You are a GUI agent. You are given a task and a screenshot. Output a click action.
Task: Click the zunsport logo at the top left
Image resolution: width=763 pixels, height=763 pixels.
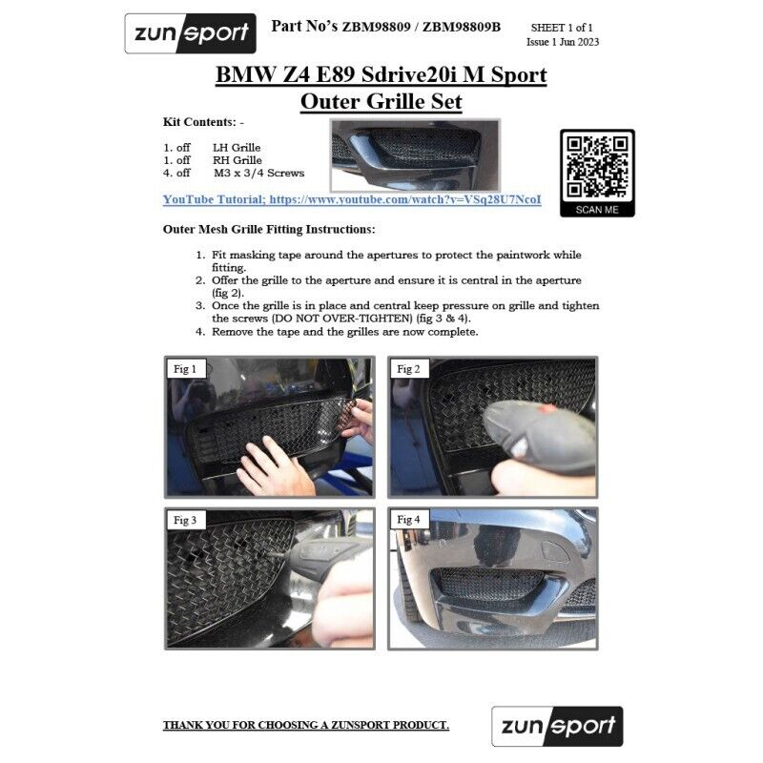coord(190,33)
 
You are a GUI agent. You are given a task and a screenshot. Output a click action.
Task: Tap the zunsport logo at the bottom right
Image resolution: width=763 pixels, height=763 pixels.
coord(557,726)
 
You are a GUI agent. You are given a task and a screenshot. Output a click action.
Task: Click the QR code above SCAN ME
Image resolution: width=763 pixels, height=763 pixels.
coord(597,167)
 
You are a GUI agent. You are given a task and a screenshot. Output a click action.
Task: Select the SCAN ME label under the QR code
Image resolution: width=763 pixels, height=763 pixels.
coord(597,210)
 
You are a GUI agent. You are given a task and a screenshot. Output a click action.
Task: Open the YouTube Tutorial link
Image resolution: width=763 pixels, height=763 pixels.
coord(352,199)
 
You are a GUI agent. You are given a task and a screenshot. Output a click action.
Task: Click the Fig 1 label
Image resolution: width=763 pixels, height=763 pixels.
coord(185,369)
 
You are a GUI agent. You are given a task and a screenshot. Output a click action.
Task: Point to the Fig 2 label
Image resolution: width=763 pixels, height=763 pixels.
coord(408,369)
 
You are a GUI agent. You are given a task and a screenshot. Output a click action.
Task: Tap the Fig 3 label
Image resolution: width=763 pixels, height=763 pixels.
coord(185,520)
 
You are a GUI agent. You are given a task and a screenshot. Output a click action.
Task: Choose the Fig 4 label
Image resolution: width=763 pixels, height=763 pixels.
coord(408,520)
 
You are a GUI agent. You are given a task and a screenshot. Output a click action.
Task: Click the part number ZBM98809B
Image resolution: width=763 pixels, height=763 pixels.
coord(462,28)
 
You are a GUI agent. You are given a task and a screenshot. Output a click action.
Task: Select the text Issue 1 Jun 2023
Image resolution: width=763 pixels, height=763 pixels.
coord(563,42)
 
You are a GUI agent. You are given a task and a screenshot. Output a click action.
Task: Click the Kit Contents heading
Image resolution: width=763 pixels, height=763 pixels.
coord(203,122)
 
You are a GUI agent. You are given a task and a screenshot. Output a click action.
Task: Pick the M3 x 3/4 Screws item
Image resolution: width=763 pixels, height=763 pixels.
coord(258,173)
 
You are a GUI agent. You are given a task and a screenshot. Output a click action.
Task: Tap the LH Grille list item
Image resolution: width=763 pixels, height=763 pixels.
coord(237,148)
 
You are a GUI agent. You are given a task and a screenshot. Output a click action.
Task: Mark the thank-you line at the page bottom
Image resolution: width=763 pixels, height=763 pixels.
coord(306,725)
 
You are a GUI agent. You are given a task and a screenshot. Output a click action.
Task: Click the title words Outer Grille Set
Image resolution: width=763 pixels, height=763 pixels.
coord(381,101)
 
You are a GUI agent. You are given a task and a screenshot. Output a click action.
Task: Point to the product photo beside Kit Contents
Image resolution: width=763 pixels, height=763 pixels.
coord(415,155)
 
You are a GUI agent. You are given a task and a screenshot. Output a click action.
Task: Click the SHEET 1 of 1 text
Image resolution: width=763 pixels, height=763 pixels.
coord(562,28)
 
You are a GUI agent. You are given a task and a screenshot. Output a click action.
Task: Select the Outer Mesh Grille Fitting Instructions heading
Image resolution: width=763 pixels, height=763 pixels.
coord(269,229)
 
